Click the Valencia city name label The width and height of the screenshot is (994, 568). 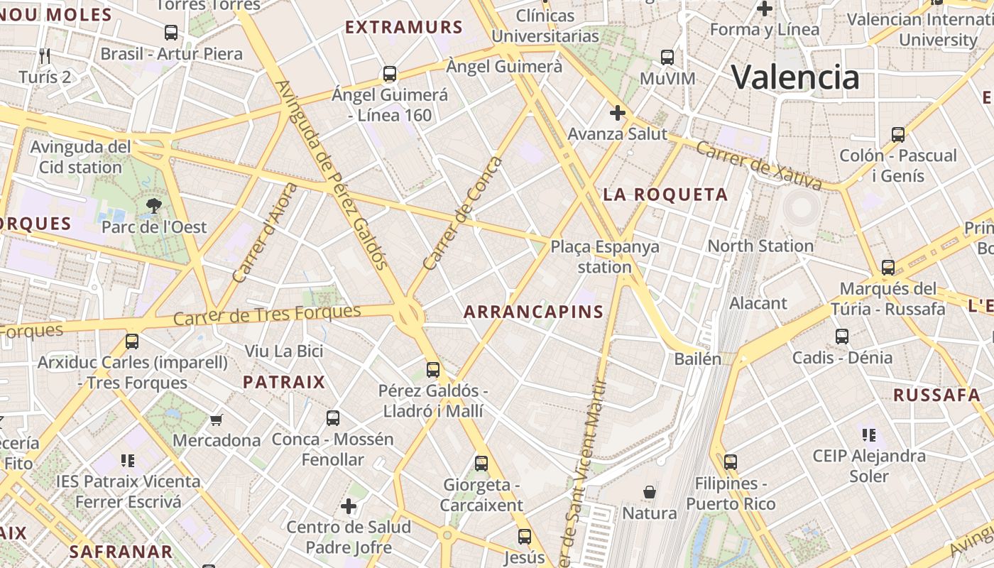795,77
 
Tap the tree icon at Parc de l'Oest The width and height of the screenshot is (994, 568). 153,207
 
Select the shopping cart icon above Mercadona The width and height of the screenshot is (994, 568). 217,420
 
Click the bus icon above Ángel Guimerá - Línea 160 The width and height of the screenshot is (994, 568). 389,73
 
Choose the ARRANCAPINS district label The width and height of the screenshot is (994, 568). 533,312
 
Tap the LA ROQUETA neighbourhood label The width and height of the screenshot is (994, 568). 665,195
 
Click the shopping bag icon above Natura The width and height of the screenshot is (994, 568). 649,491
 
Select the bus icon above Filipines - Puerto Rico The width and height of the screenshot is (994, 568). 731,462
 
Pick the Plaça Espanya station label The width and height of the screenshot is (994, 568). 605,257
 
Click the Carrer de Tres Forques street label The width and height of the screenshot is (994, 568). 267,315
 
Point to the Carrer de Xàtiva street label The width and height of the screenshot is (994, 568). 758,165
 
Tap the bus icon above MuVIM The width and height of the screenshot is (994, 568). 667,58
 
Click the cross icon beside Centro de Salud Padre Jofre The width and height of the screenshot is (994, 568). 348,506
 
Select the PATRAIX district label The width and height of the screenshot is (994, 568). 284,382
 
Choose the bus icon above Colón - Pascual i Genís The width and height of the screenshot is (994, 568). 898,134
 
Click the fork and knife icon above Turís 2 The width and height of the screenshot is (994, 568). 45,55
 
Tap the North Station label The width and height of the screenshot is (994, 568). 760,246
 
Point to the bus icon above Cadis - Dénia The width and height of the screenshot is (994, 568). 842,336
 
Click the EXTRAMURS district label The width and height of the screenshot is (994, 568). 404,28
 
